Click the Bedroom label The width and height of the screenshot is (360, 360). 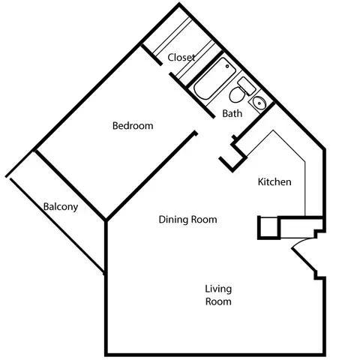pos(133,125)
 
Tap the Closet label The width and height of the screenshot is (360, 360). pos(181,57)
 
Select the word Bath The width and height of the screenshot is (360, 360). pos(232,113)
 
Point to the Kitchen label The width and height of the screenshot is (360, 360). pos(274,181)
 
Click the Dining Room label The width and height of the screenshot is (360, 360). pos(187,220)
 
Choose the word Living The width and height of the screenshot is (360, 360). pos(218,289)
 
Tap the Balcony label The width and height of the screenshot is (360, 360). pos(61,207)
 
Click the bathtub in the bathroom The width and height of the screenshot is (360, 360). pos(214,79)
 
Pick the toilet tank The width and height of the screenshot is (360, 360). pos(247,85)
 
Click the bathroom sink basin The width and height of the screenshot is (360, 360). pos(259,103)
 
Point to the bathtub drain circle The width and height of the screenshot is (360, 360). pos(227,66)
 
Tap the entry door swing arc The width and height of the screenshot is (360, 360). pos(301,242)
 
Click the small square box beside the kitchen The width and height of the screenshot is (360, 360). pos(268,227)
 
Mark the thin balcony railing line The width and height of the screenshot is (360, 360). pos(57,226)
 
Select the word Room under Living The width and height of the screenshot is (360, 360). pos(218,301)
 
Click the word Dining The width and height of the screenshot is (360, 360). pos(173,220)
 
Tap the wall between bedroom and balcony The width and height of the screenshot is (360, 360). pos(70,185)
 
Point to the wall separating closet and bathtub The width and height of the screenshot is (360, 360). pos(205,67)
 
